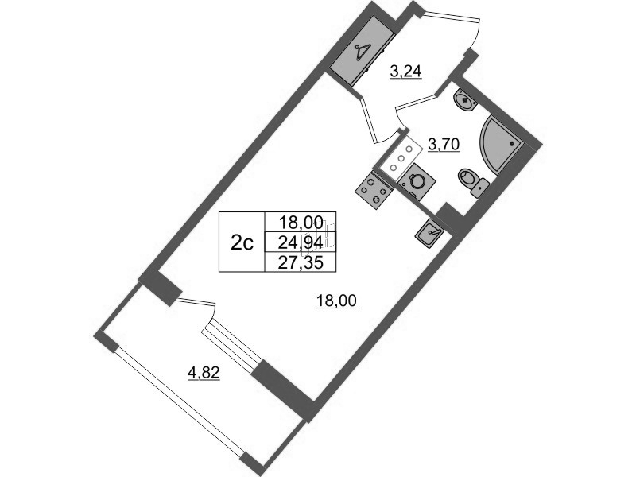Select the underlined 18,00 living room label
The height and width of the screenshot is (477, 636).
click(336, 301)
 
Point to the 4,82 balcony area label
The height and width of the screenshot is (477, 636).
click(204, 372)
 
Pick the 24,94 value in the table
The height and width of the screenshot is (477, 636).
click(301, 242)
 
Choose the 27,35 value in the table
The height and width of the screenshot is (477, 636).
click(301, 263)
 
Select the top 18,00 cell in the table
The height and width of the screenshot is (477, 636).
click(301, 222)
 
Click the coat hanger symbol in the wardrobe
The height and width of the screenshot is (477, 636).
click(77, 52)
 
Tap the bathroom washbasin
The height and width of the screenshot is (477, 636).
click(465, 101)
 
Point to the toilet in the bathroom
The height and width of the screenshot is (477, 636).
click(473, 182)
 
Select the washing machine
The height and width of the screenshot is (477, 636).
click(417, 182)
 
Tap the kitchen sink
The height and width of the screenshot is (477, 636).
click(430, 232)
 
